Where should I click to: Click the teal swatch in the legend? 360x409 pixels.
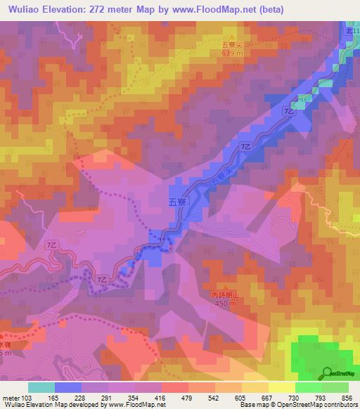pos(41,387)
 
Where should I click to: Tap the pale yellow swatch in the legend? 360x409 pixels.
pos(282,387)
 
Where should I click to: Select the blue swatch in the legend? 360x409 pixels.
pos(68,387)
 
